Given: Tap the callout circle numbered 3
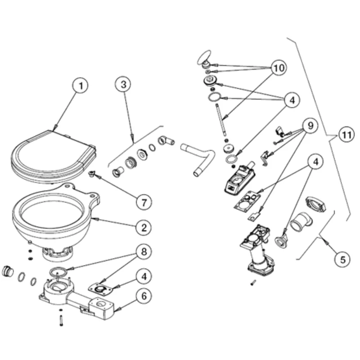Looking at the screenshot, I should coord(122,84).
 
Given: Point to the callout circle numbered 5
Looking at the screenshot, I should coord(342,259).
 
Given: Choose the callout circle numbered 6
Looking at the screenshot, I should coord(143,296).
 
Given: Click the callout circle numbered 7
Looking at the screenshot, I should coord(143,202).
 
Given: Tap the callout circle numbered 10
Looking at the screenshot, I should coord(279,69).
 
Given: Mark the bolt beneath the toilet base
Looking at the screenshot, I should coord(61,321).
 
